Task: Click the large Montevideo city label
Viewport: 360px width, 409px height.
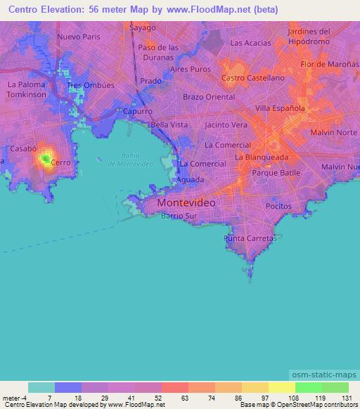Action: click(186, 202)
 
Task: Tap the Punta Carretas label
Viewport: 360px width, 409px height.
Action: click(249, 239)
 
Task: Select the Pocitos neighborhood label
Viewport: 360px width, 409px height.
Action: click(278, 207)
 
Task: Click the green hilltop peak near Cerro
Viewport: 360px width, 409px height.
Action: click(46, 160)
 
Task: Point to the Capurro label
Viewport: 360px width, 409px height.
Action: click(137, 111)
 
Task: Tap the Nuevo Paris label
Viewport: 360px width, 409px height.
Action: click(79, 37)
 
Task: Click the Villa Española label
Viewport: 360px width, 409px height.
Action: click(280, 108)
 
